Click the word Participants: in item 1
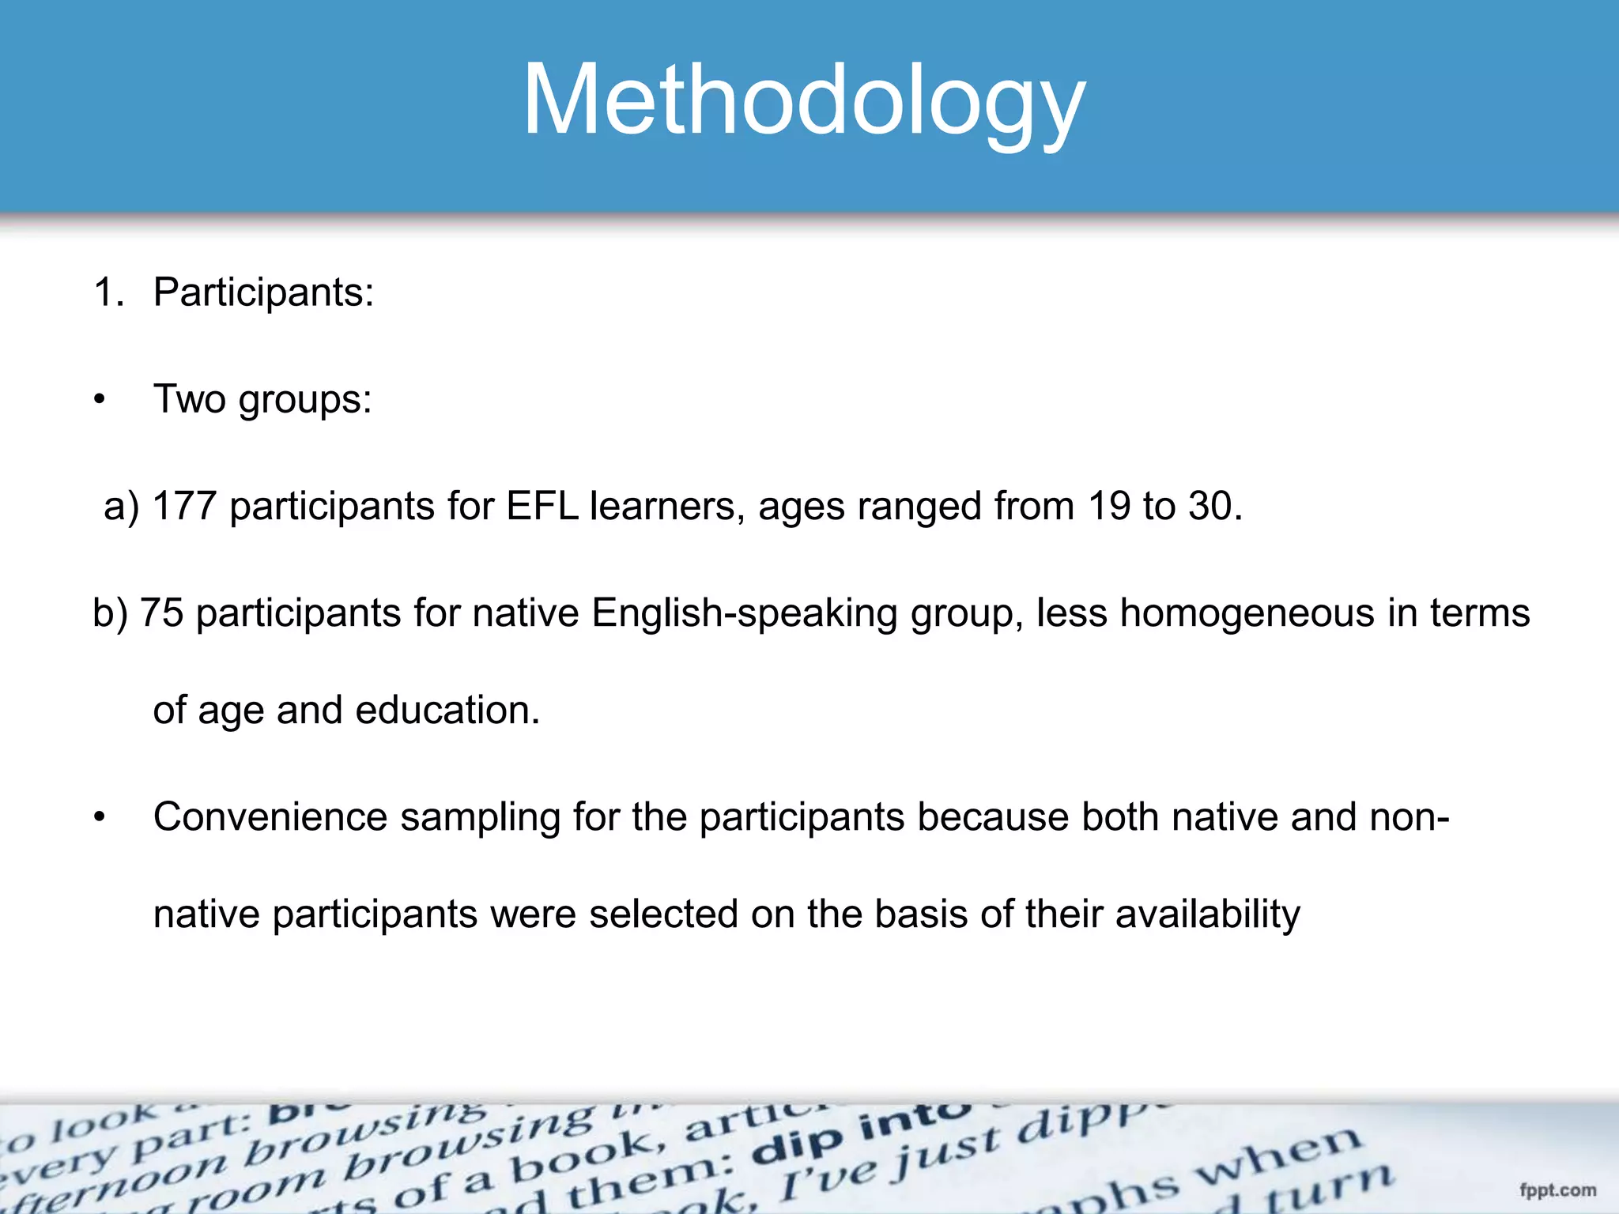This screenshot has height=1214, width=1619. click(263, 292)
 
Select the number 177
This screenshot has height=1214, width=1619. click(184, 506)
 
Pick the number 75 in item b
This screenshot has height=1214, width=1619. click(162, 613)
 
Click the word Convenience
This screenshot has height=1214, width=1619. click(270, 817)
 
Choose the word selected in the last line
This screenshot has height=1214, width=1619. click(663, 914)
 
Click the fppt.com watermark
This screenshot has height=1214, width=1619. click(1557, 1190)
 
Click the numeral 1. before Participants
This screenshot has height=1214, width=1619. click(108, 292)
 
